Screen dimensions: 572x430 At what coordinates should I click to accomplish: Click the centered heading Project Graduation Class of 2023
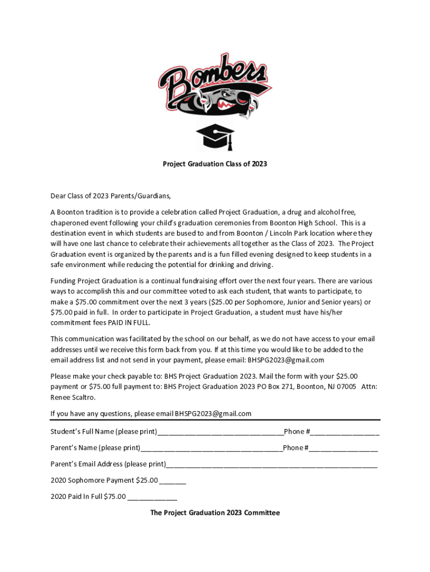[214, 164]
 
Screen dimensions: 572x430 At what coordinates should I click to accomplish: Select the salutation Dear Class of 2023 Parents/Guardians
[111, 196]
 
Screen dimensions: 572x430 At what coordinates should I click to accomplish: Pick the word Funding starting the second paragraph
[63, 281]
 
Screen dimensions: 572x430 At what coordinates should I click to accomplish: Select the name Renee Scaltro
[73, 397]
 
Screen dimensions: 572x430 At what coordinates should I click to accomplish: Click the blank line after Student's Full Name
[221, 433]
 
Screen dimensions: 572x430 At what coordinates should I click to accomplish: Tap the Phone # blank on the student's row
[346, 433]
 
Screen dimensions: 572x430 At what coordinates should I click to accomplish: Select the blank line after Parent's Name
[211, 449]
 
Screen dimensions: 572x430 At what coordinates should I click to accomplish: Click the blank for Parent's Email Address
[271, 465]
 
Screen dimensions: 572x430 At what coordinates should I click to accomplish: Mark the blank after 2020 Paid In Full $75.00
[152, 498]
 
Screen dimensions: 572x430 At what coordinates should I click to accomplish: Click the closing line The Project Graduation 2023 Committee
[214, 512]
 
